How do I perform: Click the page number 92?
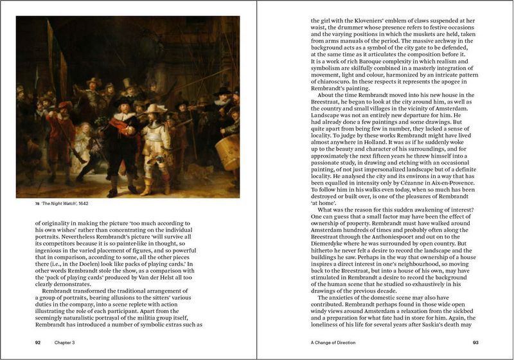point(39,343)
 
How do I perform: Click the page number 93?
point(475,343)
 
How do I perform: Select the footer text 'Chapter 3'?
point(65,343)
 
